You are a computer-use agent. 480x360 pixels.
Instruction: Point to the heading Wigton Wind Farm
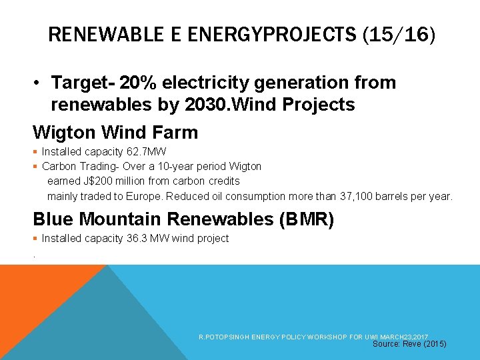115,132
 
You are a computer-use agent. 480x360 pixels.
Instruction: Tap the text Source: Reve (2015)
409,344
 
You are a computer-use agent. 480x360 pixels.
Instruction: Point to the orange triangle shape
33,300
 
